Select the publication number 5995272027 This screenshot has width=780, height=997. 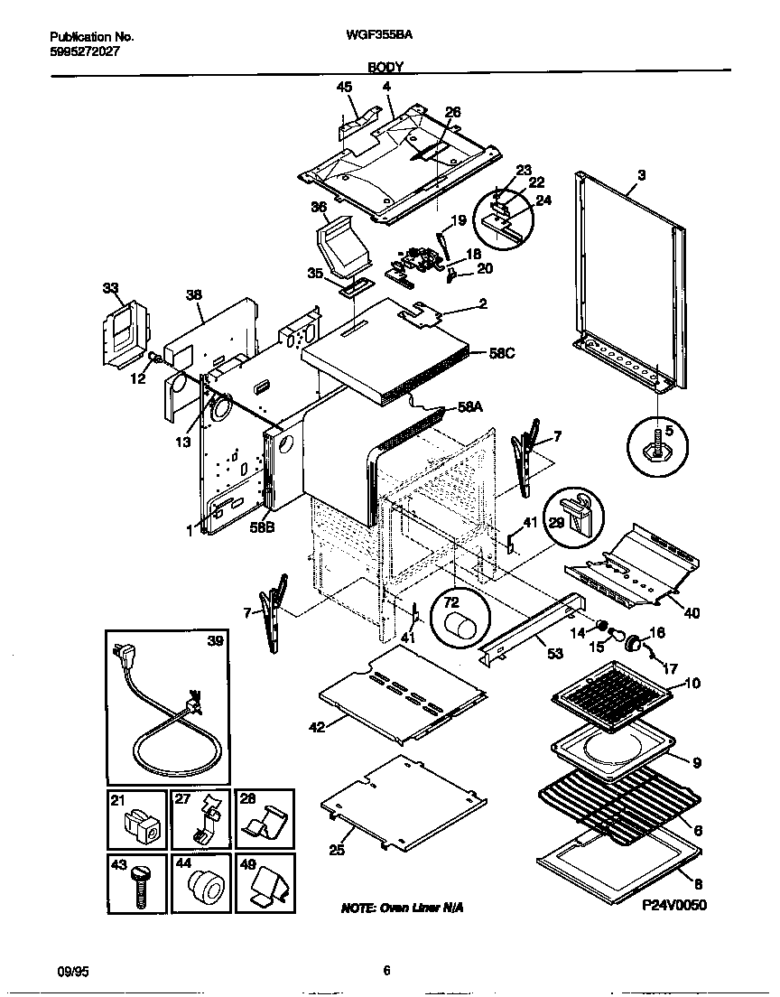84,51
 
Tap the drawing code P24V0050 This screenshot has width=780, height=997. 674,904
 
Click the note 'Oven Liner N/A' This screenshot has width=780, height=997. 402,907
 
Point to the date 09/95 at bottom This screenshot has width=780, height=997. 72,972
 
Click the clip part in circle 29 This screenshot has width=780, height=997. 575,512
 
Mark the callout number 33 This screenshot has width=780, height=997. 110,288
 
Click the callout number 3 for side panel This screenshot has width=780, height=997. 640,174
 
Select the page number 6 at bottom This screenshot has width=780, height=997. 386,972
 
